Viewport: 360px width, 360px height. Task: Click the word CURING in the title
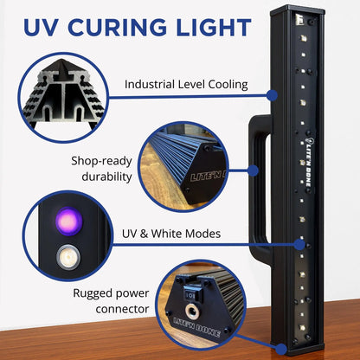[x=123, y=27]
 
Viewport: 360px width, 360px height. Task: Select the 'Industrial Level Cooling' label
[x=187, y=84]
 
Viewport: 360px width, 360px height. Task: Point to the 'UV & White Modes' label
[x=174, y=235]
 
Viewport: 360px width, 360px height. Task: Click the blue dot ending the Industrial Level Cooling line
[x=273, y=95]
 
